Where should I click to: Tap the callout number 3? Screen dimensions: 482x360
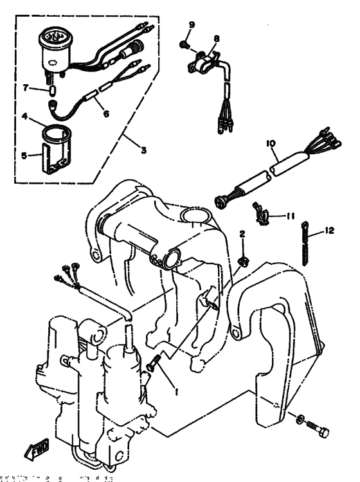click(x=143, y=150)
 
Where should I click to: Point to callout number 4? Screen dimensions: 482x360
click(x=23, y=117)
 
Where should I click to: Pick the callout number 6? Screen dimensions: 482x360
click(x=106, y=113)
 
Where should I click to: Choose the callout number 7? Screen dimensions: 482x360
click(x=25, y=87)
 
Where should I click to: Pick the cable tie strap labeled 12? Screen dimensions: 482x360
click(x=305, y=246)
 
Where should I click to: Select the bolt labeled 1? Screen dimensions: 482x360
click(x=154, y=364)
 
